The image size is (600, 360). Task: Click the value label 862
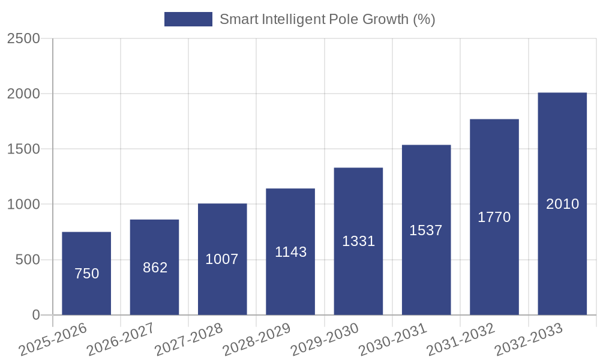(155, 268)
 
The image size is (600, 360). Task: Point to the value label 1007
(222, 259)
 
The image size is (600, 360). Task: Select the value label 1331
(358, 241)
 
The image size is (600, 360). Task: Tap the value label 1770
(494, 217)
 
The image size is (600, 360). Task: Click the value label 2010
(562, 204)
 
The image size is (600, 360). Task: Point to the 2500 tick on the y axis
(23, 38)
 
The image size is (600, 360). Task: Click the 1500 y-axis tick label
(23, 149)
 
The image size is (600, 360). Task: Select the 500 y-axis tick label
(28, 260)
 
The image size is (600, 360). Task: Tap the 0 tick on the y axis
(35, 315)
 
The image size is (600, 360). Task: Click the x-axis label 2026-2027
(121, 340)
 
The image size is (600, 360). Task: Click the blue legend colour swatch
(188, 19)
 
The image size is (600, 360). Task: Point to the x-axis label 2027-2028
(188, 340)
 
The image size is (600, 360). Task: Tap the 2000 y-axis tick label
(23, 94)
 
